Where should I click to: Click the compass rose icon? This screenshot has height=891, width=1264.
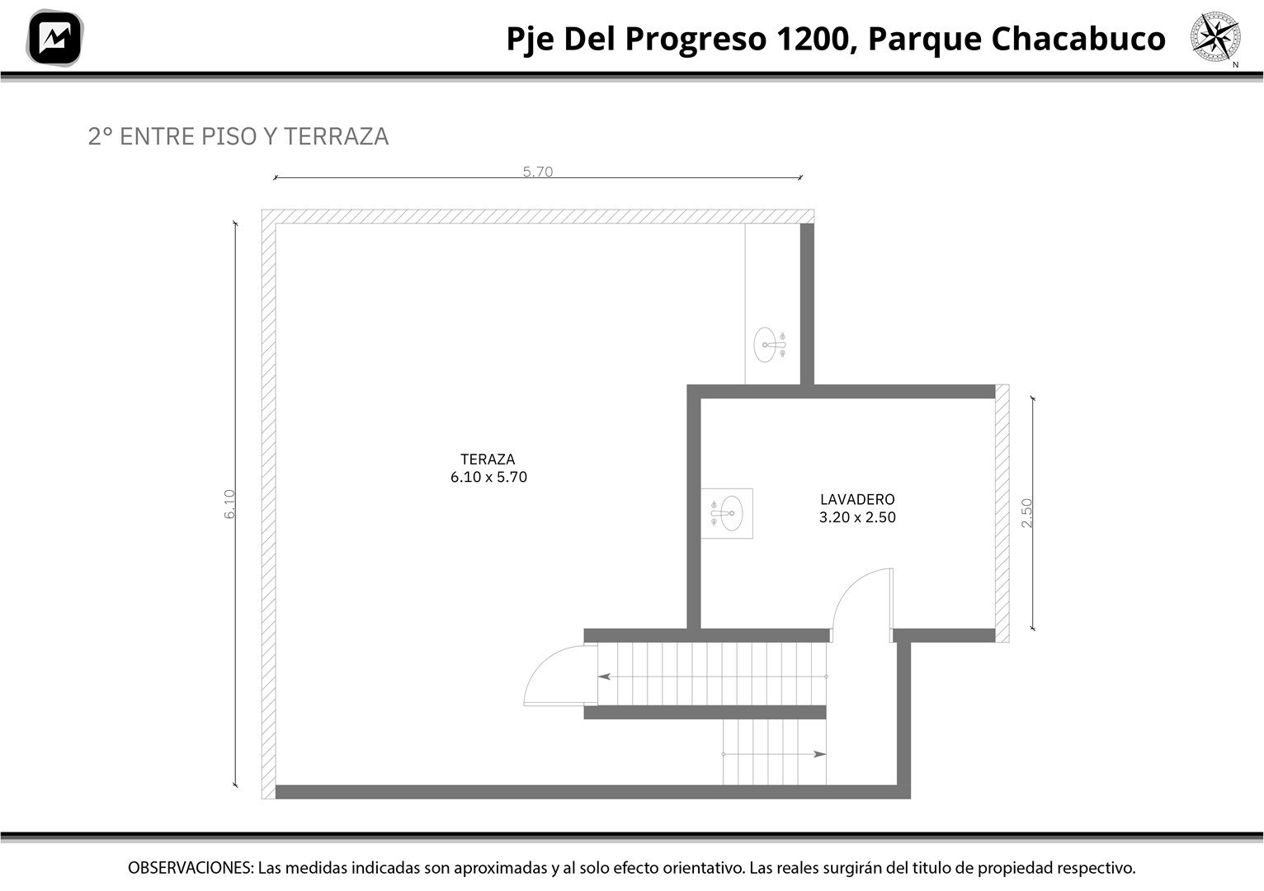(1215, 36)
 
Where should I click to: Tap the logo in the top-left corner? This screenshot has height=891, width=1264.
(54, 38)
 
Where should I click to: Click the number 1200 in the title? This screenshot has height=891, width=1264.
(814, 39)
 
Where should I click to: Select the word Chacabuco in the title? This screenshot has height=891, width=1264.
(1078, 39)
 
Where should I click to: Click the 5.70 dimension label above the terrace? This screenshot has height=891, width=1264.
(538, 172)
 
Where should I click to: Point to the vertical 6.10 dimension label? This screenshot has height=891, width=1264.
(229, 504)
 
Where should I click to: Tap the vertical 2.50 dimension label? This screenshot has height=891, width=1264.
(1026, 513)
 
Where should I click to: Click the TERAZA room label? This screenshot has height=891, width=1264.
(488, 460)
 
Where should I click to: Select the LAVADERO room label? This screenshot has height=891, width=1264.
(857, 499)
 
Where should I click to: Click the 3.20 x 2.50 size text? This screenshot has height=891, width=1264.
(857, 517)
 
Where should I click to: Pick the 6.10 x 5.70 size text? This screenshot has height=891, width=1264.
(488, 478)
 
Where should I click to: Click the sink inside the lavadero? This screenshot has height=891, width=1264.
(727, 513)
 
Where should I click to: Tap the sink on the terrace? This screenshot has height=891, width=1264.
(770, 345)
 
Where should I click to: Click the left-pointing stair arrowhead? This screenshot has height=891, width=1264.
(604, 676)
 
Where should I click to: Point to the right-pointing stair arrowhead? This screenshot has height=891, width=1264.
(820, 754)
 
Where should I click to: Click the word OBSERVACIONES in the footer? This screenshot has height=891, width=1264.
(190, 868)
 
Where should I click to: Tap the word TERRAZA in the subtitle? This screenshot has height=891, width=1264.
(336, 137)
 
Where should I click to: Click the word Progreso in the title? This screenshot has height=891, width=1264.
(696, 40)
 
